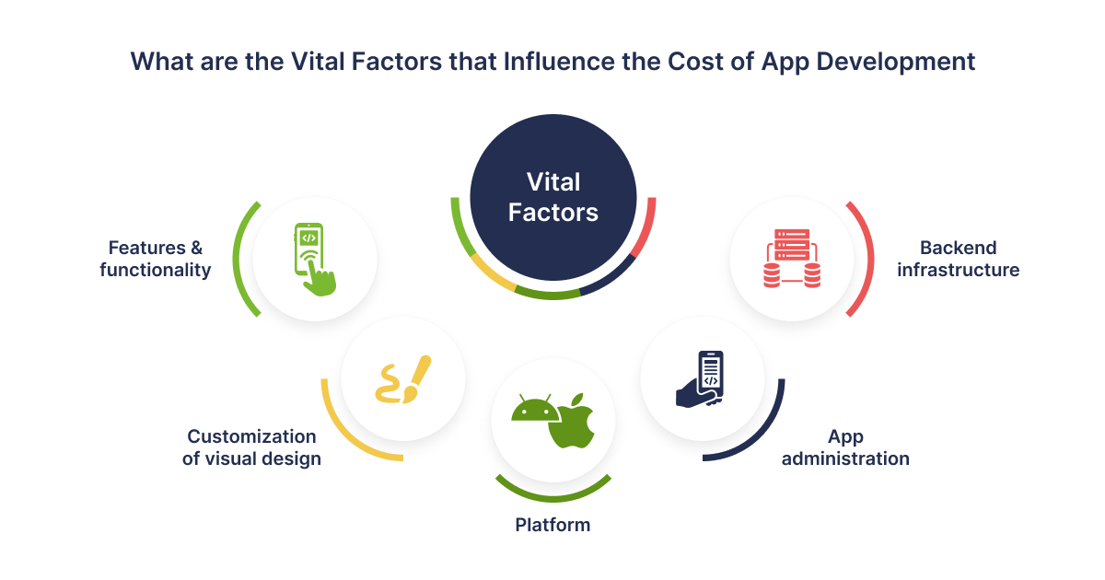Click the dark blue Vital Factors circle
[553, 197]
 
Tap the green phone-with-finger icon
[315, 260]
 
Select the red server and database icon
[792, 259]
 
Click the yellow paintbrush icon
[403, 379]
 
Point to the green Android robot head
[535, 409]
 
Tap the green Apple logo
[572, 422]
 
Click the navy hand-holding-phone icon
[700, 378]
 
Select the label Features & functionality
[156, 259]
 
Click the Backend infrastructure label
[958, 259]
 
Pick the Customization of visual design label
[251, 447]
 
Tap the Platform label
[552, 525]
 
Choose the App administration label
[845, 447]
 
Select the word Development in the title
[895, 63]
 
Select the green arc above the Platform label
[553, 498]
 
